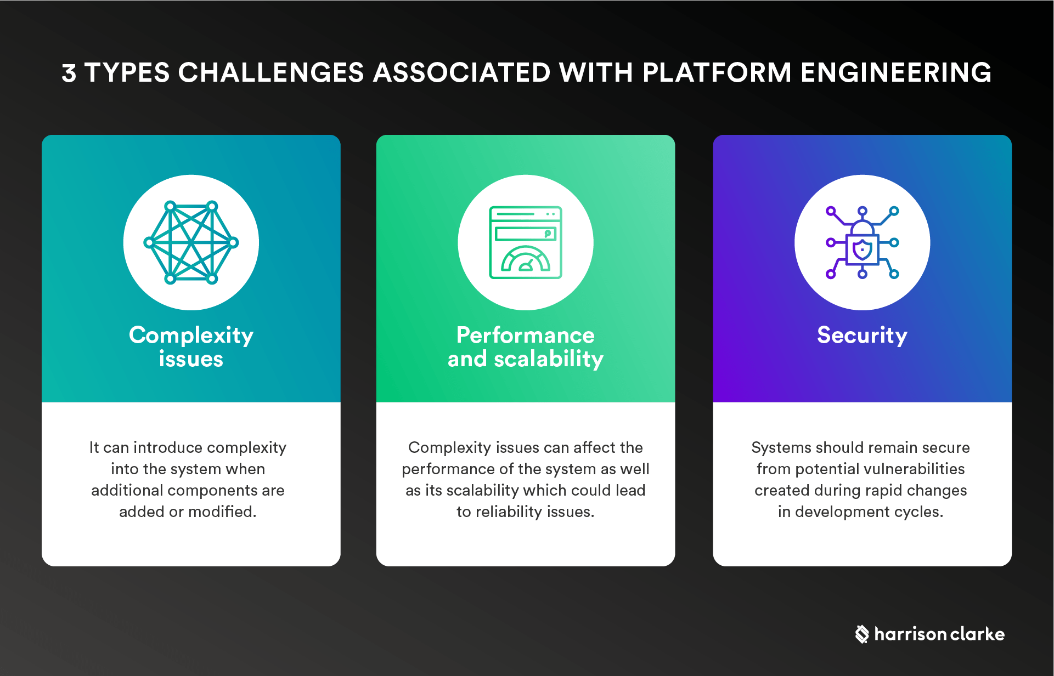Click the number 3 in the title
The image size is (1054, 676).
tap(69, 73)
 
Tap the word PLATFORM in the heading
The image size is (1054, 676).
tap(717, 73)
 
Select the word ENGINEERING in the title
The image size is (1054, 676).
tap(895, 73)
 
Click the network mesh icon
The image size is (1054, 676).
tap(191, 242)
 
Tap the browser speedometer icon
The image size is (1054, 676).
tap(526, 242)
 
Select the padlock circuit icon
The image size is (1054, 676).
tap(862, 242)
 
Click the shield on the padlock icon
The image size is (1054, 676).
tap(862, 250)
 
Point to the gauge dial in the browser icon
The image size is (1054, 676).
tap(526, 260)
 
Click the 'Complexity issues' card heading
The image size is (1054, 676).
tap(191, 346)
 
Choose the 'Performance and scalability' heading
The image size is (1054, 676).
tap(526, 346)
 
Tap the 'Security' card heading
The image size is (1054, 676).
tap(862, 335)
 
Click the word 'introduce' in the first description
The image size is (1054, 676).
tap(168, 447)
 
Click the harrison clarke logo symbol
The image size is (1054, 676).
tap(862, 634)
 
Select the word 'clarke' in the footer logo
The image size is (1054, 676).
tap(977, 634)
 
